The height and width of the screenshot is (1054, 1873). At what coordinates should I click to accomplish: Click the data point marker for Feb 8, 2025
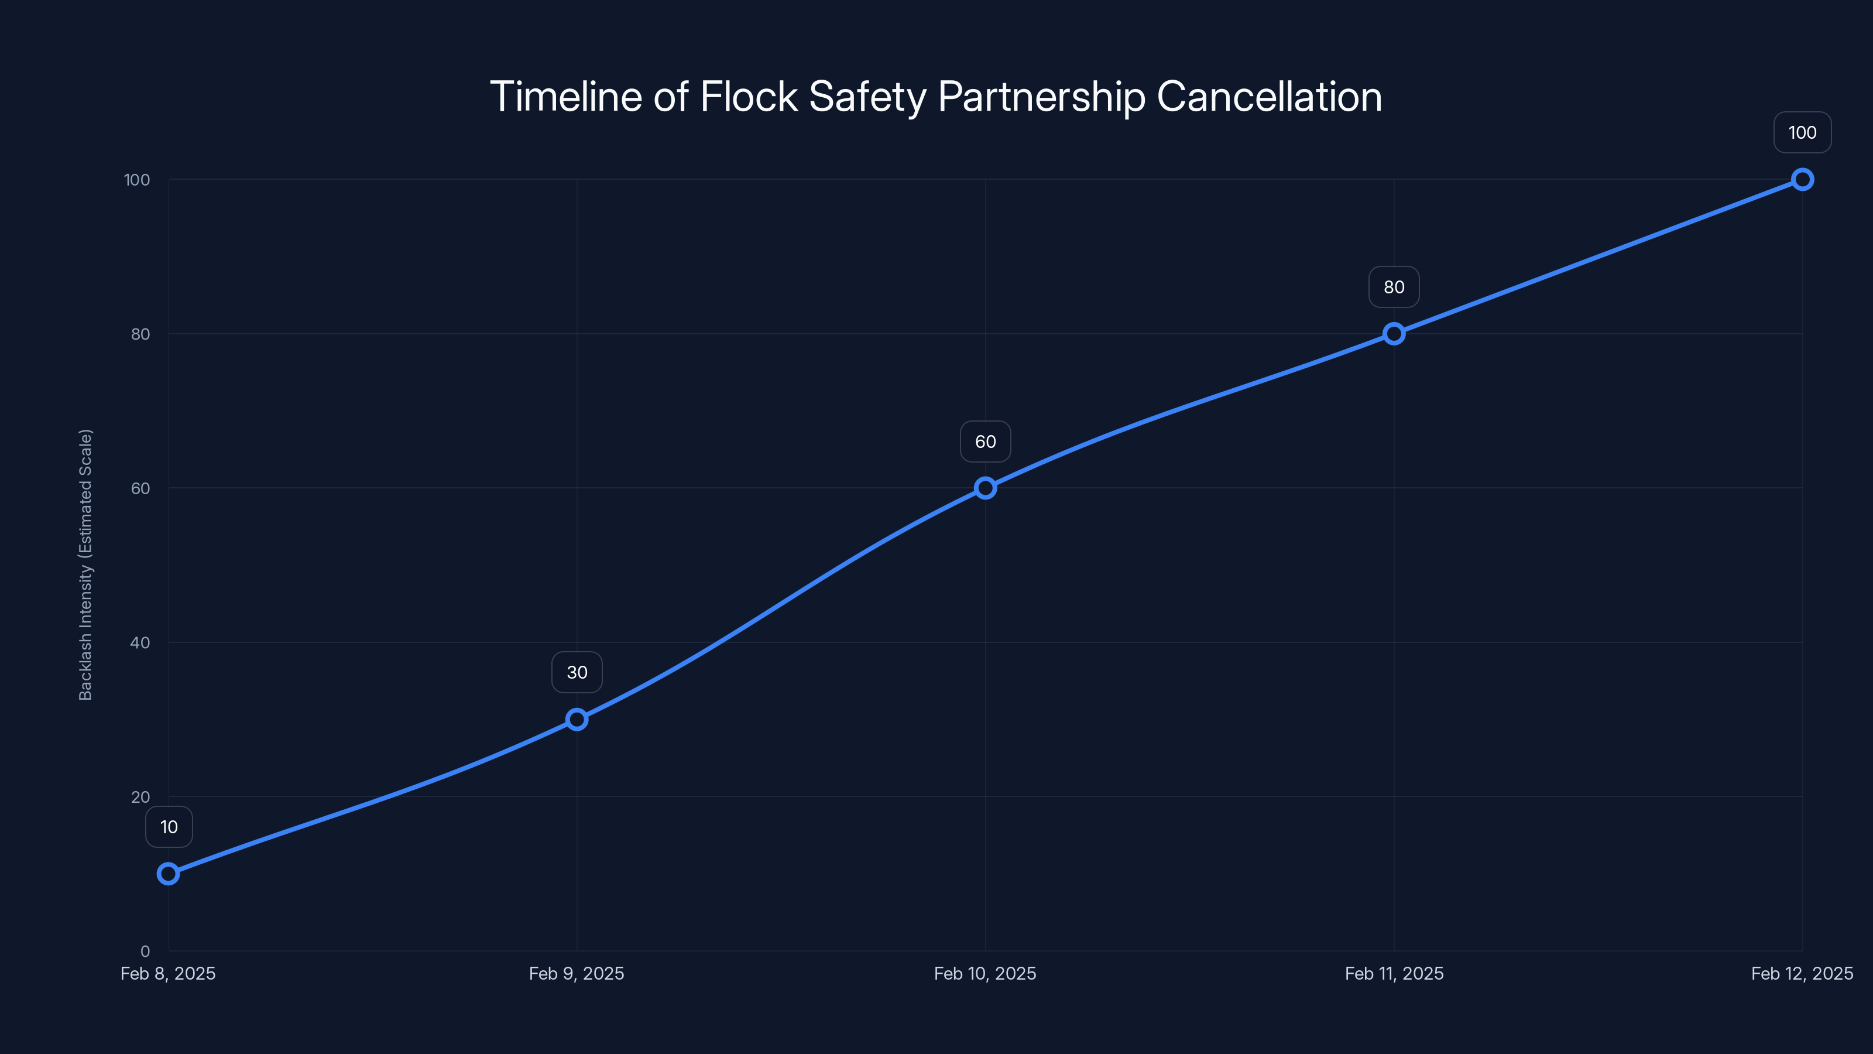[168, 873]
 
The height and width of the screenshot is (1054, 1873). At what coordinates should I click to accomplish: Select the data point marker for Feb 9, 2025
[577, 720]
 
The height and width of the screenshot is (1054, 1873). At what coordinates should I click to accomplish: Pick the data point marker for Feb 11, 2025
[1394, 334]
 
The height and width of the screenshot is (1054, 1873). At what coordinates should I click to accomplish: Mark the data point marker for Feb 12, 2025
[1803, 179]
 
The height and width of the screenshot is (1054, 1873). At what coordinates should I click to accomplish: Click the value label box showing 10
[169, 827]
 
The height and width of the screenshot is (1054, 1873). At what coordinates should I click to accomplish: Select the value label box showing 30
[577, 672]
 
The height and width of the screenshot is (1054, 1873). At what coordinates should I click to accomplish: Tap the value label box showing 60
[985, 442]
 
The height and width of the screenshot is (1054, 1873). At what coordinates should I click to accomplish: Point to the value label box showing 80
[1394, 288]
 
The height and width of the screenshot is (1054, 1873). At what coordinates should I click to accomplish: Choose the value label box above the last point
[1803, 132]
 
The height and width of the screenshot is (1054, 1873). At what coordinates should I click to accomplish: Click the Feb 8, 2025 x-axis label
[168, 973]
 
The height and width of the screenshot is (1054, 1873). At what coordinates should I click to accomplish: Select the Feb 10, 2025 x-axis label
[985, 973]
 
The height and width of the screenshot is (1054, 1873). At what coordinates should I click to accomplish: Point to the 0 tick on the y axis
[145, 952]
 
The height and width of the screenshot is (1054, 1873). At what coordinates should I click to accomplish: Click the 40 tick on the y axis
[140, 642]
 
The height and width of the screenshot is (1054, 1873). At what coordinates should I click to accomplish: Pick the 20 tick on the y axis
[140, 796]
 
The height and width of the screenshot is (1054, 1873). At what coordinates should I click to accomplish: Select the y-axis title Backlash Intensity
[86, 564]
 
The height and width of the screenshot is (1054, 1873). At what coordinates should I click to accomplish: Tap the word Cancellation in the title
[1269, 97]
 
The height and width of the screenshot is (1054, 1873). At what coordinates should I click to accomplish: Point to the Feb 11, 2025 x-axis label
[1394, 973]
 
